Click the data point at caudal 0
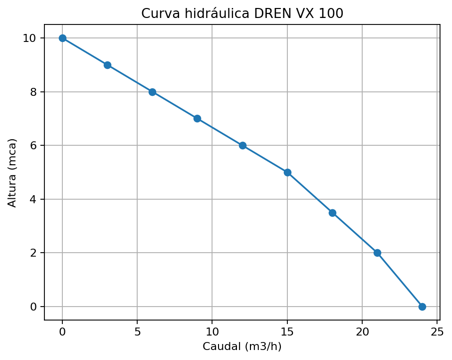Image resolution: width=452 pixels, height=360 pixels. [62, 38]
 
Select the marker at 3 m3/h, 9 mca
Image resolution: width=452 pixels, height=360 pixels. [107, 65]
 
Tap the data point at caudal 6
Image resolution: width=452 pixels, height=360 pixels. [152, 92]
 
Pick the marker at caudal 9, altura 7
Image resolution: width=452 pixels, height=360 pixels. [197, 118]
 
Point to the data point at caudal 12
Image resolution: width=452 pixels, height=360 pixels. [242, 145]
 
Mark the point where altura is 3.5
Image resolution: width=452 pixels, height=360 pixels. [332, 213]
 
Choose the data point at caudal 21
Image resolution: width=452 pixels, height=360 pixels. [377, 253]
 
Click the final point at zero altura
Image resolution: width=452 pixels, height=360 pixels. [422, 307]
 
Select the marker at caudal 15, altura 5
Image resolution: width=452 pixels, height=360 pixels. [287, 172]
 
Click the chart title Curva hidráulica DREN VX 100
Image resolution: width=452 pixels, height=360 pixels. [242, 13]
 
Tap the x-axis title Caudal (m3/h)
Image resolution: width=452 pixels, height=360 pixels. [242, 346]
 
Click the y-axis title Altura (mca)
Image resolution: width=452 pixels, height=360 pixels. [12, 172]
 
